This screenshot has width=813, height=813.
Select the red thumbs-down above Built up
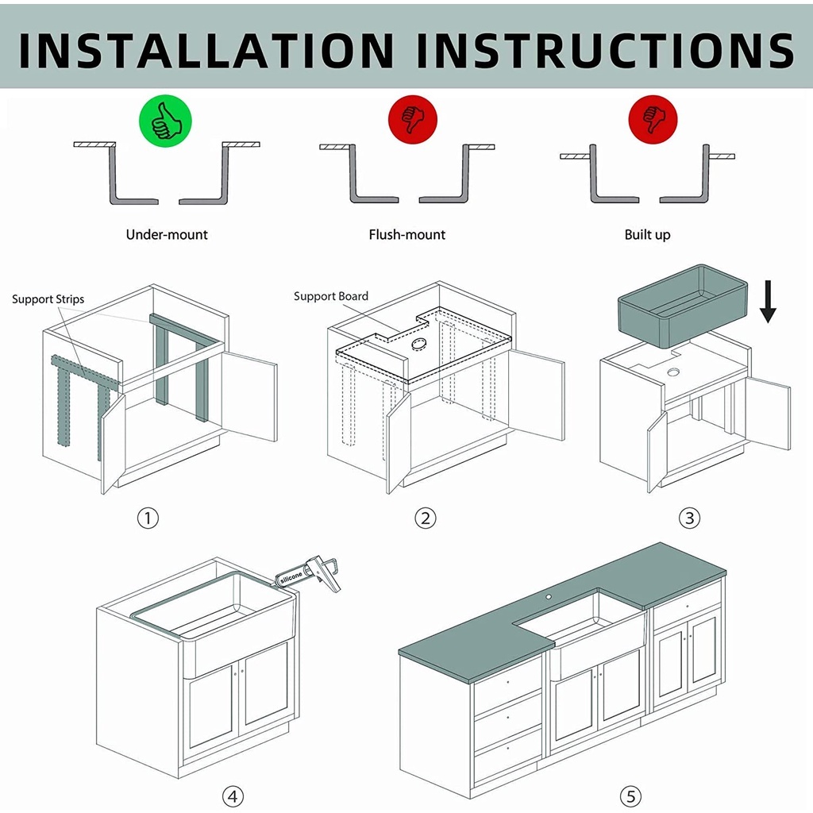(653, 120)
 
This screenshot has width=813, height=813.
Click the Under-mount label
(167, 234)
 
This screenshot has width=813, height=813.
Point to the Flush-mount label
(407, 234)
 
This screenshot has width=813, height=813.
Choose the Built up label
(647, 234)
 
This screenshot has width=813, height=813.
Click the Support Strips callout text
(48, 299)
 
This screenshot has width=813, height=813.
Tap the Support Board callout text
(331, 296)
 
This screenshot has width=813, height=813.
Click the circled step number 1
(148, 518)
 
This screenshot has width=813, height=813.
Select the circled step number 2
(426, 518)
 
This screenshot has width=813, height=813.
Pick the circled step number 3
(689, 518)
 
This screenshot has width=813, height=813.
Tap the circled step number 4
(232, 796)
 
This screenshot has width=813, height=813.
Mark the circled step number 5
(630, 796)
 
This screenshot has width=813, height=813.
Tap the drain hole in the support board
(417, 344)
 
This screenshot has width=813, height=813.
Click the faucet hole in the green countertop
(548, 595)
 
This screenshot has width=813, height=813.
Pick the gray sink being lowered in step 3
(683, 306)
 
